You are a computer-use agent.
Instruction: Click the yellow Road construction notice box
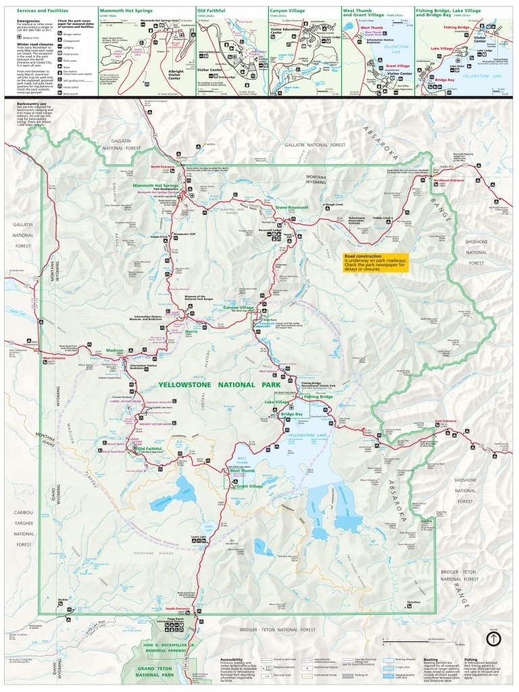(x=376, y=262)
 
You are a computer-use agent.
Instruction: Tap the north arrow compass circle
(x=493, y=638)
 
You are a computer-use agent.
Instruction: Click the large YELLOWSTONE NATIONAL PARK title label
(x=219, y=385)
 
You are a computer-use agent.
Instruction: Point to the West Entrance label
(x=54, y=357)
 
